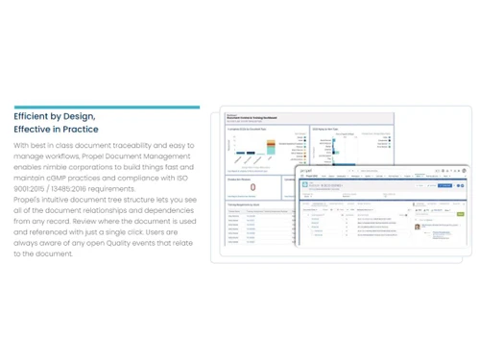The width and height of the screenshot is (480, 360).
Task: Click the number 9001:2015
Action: point(34,189)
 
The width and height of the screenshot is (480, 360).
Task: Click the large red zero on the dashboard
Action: point(252,188)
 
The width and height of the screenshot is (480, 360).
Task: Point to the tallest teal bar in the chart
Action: point(271,147)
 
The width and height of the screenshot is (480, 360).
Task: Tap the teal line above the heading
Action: point(107,107)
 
